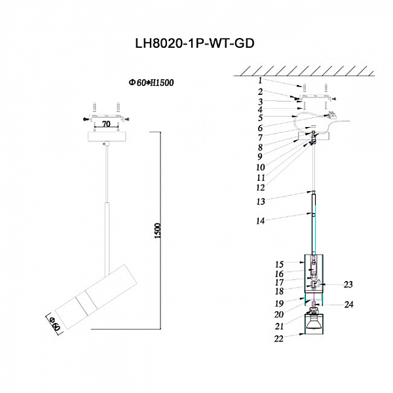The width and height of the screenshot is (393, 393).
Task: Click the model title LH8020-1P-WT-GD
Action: coord(193,43)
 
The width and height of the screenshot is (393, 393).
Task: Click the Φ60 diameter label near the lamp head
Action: coord(55,323)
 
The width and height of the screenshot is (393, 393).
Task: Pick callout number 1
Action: coord(241,81)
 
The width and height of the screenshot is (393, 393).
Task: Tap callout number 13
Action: coord(242,201)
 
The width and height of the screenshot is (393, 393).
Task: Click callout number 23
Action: coord(348,284)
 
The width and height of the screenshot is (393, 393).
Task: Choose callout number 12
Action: coord(242,186)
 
